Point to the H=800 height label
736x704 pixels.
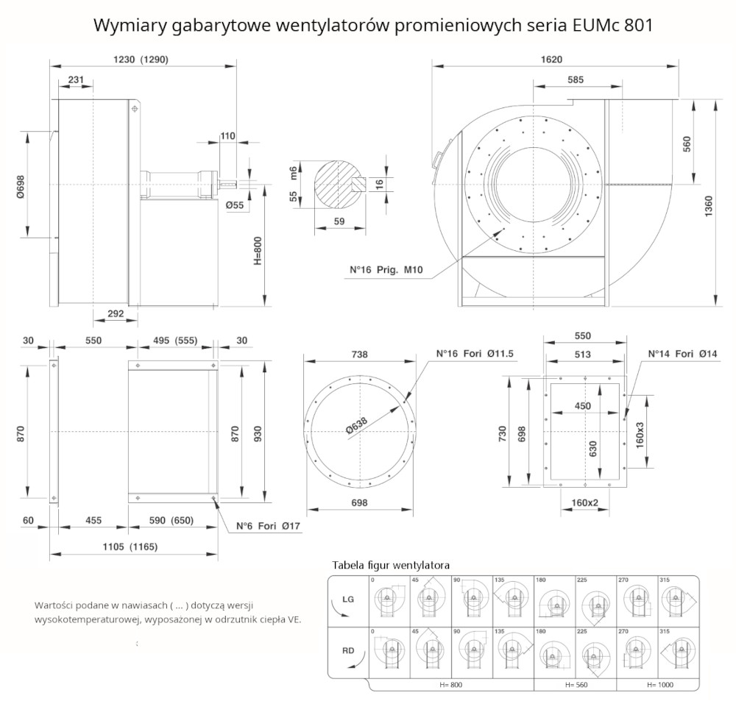[257, 251]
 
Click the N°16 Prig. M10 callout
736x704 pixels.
[386, 270]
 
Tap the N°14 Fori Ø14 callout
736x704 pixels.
[682, 354]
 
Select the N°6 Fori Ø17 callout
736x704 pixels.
[269, 527]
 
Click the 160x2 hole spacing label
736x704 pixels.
[584, 503]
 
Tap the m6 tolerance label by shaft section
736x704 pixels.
[293, 174]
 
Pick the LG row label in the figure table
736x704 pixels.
[348, 600]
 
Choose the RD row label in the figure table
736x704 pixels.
[348, 651]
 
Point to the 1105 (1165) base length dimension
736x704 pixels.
[129, 547]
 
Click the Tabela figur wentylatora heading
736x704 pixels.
[391, 565]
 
